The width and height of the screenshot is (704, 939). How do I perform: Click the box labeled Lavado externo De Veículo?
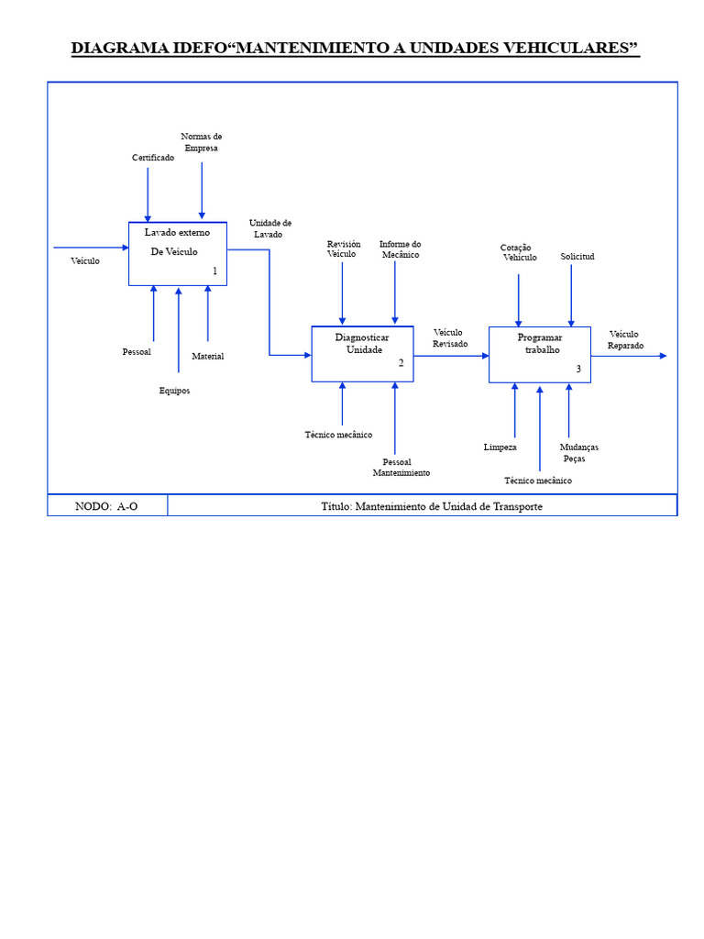click(178, 253)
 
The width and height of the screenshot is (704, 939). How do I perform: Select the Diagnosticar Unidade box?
click(362, 353)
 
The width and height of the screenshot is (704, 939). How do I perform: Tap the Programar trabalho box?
click(539, 354)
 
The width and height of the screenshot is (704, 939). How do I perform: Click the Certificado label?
click(153, 158)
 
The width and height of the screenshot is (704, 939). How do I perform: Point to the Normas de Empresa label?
click(202, 142)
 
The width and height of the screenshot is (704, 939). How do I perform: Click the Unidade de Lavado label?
click(269, 228)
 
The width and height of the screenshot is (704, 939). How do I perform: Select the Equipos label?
click(174, 391)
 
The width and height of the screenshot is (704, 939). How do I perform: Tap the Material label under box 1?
click(207, 356)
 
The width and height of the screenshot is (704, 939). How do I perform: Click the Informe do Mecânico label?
click(400, 249)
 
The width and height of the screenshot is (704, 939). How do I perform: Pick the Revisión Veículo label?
click(343, 249)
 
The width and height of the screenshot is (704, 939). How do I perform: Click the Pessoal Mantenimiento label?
click(401, 467)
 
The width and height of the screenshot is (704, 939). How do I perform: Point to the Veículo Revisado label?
click(449, 337)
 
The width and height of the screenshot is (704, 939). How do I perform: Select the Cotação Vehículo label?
click(518, 252)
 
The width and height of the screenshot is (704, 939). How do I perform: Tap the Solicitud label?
click(577, 257)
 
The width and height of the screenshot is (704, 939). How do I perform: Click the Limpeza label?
click(500, 447)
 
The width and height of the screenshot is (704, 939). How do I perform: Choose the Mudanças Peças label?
click(578, 452)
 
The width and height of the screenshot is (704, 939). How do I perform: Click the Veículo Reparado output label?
click(625, 339)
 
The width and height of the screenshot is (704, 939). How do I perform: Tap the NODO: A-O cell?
click(107, 506)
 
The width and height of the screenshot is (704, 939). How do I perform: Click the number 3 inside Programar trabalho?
click(578, 369)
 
